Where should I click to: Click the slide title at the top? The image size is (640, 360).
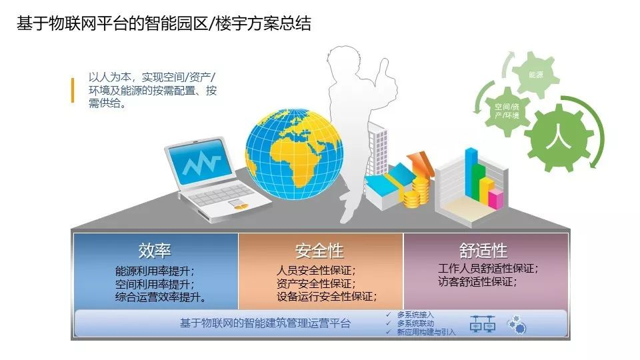pos(164,23)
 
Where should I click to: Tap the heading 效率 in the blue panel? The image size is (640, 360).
pos(155,250)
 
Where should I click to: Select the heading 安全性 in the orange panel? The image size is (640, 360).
pos(319,250)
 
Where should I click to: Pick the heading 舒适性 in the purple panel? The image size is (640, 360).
pos(483,250)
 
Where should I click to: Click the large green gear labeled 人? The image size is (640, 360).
pos(559,137)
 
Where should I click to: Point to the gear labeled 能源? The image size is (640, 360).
pos(535,74)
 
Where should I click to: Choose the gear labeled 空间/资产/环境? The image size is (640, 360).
pos(507,111)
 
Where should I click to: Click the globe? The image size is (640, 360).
pos(294,153)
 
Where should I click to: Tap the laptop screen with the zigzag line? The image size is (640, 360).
pos(200,161)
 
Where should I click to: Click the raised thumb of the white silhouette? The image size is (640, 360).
pos(384,68)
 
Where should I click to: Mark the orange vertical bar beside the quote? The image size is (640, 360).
pos(73,90)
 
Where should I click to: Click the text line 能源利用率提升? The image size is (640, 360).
pos(155,271)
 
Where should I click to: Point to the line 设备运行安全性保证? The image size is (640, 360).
pos(327,296)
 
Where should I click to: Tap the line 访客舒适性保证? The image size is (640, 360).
pos(477,281)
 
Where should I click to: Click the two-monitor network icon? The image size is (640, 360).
pos(483,324)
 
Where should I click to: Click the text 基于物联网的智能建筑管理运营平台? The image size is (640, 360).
pos(265,323)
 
